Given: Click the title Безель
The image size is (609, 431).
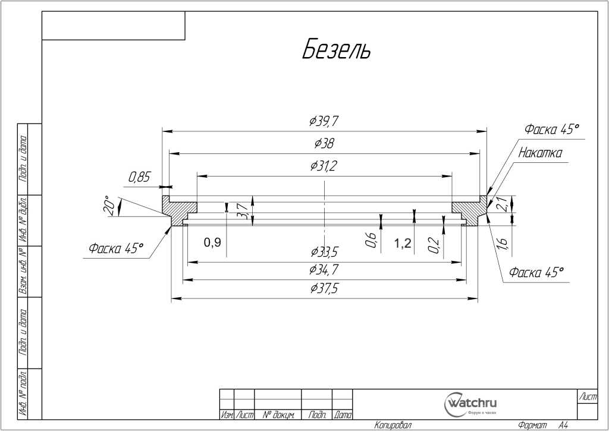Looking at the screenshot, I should pos(336,50).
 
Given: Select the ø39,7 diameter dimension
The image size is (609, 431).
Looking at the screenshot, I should pos(324,122).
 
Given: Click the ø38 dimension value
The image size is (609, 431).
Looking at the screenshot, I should pos(324,144).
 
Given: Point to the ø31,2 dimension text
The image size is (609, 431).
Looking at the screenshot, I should pos(324,166).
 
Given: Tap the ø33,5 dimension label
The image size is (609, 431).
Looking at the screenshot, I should pos(324,251).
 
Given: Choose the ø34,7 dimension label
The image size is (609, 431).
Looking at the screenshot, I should pos(324,270).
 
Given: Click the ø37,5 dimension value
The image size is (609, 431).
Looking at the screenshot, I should pos(324,289).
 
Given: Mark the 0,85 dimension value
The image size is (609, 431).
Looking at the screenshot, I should pos(140,177).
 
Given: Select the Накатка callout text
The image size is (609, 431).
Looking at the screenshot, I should pos(540,153).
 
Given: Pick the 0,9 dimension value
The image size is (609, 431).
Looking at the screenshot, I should pos(212,242).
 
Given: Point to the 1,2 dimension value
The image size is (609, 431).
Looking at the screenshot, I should pos(403,243).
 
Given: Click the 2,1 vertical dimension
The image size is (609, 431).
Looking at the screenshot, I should pos(502,204).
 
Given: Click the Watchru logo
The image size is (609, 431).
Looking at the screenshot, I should pos(471,404).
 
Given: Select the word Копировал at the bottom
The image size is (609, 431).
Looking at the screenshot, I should pos(393,425).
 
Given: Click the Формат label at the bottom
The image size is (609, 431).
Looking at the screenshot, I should pos(533,425).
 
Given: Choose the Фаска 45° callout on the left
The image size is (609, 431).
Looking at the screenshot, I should pos(117,248).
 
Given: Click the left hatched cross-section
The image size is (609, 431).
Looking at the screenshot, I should pos(178,210).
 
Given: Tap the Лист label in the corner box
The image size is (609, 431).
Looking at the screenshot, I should pos(588,397).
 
